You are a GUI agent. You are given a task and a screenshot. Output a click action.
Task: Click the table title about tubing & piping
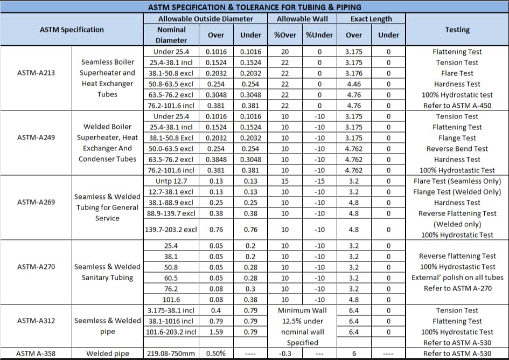tap(254, 7)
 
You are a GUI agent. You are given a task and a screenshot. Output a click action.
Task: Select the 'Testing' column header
tap(457, 30)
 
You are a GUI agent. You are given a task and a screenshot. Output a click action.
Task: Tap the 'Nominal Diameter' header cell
tap(171, 35)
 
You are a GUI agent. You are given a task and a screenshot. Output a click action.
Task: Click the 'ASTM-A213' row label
tap(36, 73)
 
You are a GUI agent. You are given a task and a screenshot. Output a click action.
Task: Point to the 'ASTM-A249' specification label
tap(36, 137)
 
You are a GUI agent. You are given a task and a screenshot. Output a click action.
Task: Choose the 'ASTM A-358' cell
tap(36, 354)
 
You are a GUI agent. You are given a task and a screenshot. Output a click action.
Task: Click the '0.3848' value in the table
tap(216, 160)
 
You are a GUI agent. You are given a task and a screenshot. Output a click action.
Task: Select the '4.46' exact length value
tap(354, 84)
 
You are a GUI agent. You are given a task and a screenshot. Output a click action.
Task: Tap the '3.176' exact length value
tap(354, 73)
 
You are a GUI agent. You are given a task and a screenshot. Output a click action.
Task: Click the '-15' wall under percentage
tap(319, 181)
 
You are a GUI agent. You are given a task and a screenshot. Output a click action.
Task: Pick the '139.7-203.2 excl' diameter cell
tap(171, 230)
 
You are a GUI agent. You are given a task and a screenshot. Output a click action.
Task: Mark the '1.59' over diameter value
tap(216, 332)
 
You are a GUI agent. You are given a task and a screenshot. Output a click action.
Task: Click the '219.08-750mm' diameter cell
tap(171, 354)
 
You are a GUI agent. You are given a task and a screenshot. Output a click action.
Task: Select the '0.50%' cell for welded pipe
tap(216, 354)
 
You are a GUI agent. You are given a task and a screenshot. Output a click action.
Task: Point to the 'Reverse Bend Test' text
tap(457, 149)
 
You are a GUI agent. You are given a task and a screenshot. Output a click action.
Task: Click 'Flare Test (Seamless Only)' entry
tap(457, 181)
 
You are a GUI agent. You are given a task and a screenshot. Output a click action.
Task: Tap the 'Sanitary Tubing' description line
tap(107, 278)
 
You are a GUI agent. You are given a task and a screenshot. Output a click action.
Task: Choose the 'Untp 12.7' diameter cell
tap(171, 181)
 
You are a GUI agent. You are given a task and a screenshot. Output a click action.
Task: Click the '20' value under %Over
tap(285, 52)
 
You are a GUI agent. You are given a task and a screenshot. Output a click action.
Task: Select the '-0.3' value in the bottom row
tap(285, 354)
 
